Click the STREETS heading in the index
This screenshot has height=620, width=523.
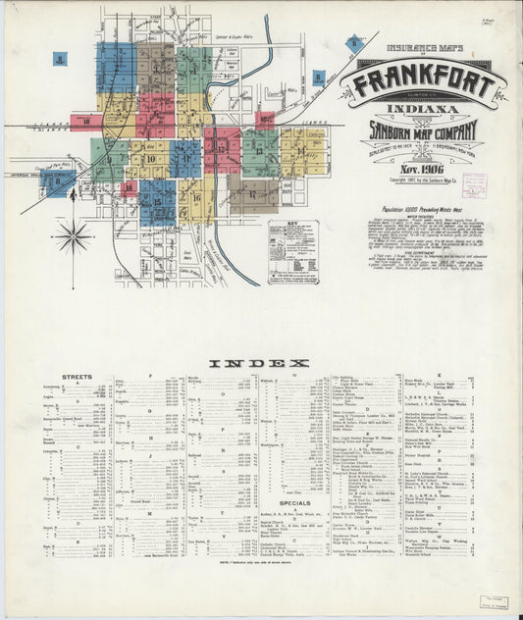tap(77, 376)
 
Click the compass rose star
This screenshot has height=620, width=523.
tap(73, 235)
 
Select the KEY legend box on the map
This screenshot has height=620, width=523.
tap(293, 251)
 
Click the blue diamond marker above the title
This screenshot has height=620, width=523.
tap(353, 42)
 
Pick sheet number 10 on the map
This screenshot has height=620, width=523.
tap(150, 157)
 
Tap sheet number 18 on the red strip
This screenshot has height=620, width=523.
tap(86, 122)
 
